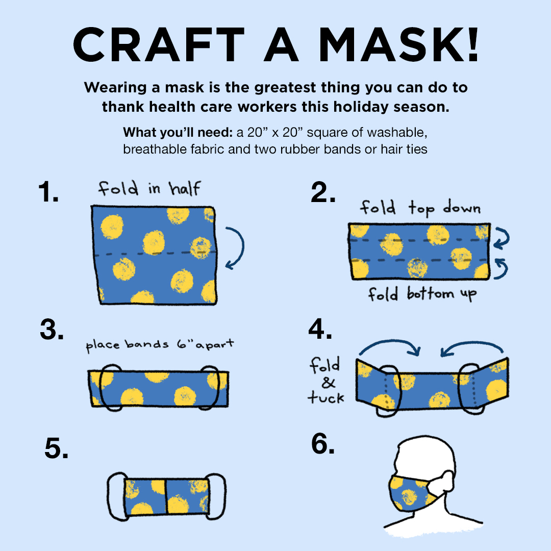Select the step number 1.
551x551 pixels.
(48, 193)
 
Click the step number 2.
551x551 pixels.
(323, 193)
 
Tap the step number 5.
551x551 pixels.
(57, 448)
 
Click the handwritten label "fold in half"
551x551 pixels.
(149, 188)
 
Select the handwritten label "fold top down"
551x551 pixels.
(420, 208)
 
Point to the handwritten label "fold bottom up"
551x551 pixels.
(422, 294)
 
